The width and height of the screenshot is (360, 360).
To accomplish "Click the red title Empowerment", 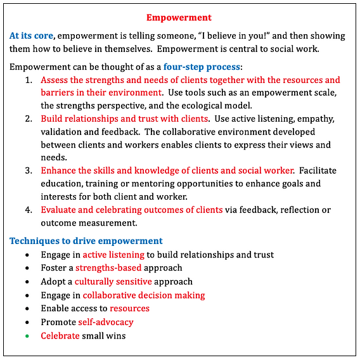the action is pos(179,17).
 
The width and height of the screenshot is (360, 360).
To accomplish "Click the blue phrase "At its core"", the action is pos(32,35).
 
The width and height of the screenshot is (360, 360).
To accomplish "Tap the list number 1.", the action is pos(29,80).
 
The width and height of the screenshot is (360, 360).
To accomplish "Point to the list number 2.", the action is pos(29,119).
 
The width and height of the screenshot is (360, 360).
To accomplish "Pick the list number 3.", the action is pos(29,170).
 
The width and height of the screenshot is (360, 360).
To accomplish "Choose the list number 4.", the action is pos(29,210).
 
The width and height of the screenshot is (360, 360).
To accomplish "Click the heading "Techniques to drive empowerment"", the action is pos(86,241).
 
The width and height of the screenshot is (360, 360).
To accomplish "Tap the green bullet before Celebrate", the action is pos(27,335).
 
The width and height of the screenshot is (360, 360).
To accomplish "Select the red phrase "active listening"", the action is pos(113,255).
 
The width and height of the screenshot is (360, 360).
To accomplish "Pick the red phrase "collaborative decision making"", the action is pos(144,295).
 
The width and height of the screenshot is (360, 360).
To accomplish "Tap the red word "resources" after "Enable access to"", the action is pos(129,308).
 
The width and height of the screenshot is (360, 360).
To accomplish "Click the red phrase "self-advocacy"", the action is pos(106,322).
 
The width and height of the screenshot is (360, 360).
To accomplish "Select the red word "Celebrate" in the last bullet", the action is pos(60,335).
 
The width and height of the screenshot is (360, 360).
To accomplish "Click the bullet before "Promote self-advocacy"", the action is pos(27,322).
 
